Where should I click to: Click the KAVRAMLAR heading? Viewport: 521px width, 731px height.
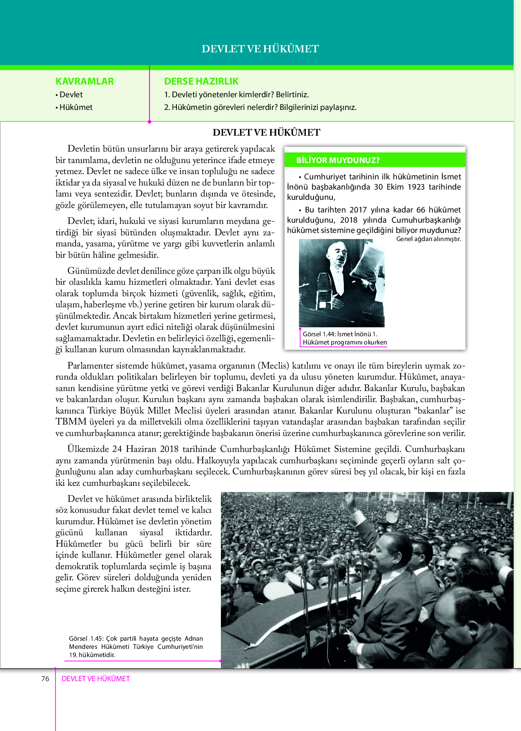[x=85, y=81]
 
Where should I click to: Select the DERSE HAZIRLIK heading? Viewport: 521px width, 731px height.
[x=201, y=81]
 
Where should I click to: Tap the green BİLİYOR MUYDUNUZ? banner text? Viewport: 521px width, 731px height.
[x=338, y=160]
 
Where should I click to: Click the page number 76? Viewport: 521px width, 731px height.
[x=45, y=679]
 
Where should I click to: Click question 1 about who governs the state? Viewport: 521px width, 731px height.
[x=236, y=95]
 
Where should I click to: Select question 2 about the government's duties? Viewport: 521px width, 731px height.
[x=260, y=107]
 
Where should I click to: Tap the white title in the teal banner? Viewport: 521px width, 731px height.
[x=260, y=49]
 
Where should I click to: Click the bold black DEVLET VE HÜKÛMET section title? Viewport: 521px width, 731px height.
[x=266, y=132]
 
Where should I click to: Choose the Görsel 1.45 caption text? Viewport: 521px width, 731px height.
[x=136, y=646]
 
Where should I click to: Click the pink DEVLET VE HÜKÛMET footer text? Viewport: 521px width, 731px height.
[x=96, y=679]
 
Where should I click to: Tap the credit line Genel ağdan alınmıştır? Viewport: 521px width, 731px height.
[x=428, y=239]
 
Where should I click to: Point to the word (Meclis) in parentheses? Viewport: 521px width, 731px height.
[x=273, y=366]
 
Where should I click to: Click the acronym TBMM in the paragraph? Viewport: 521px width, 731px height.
[x=71, y=422]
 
